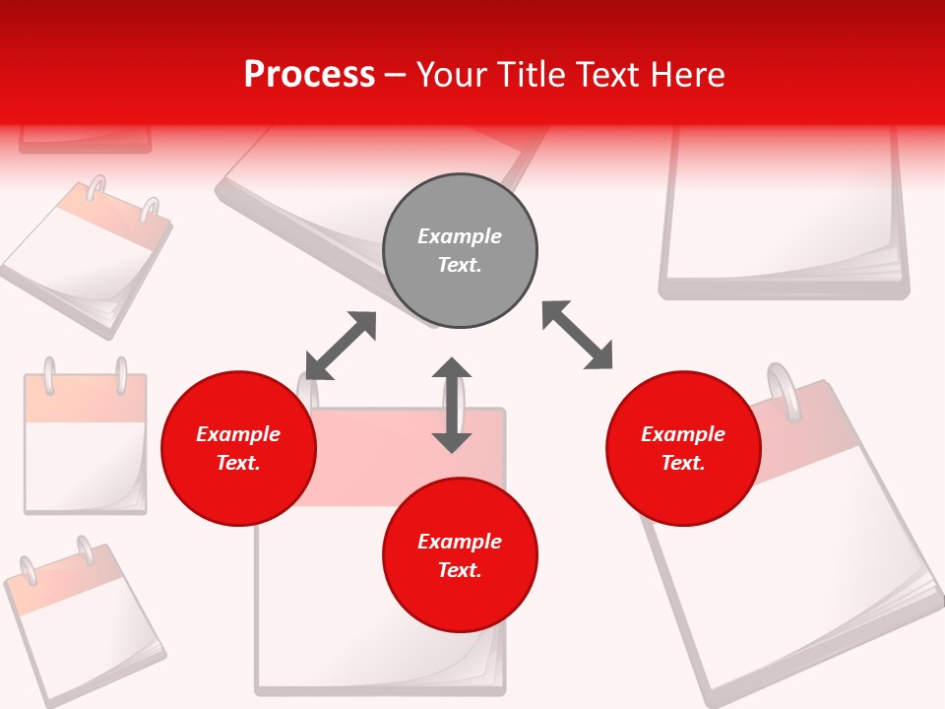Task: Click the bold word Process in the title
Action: tap(309, 75)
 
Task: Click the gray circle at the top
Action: tap(460, 251)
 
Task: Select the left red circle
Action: tap(238, 448)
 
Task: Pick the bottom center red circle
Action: tap(460, 555)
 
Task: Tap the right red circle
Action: tap(683, 448)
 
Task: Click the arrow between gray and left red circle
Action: tap(341, 346)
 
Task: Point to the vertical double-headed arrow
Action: tap(452, 405)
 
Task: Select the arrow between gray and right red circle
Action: tap(577, 335)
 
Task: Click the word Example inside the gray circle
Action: tap(460, 236)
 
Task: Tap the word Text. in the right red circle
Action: tap(683, 463)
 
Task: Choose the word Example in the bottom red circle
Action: tap(460, 542)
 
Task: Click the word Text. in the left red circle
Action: tap(238, 463)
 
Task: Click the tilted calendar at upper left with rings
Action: tap(89, 256)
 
